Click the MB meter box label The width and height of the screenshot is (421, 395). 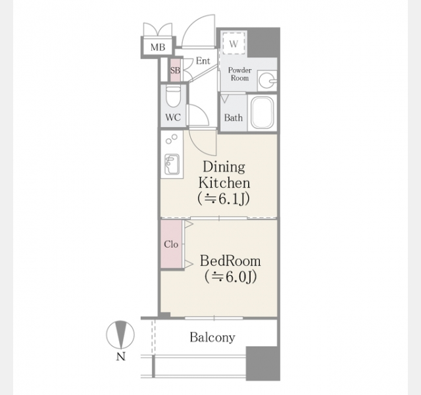pyautogui.click(x=158, y=47)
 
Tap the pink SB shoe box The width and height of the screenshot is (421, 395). pyautogui.click(x=175, y=70)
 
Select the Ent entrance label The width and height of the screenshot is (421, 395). pyautogui.click(x=203, y=61)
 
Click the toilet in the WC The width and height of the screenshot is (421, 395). pyautogui.click(x=173, y=97)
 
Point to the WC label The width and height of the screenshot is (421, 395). pyautogui.click(x=173, y=117)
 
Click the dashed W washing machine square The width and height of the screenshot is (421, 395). pyautogui.click(x=234, y=43)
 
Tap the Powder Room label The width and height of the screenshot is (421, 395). pyautogui.click(x=239, y=74)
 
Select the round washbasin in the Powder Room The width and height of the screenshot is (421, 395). pyautogui.click(x=267, y=80)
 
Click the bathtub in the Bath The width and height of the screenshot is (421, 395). pyautogui.click(x=262, y=113)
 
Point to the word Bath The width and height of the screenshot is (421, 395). pyautogui.click(x=234, y=118)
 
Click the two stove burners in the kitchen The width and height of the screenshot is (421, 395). pyautogui.click(x=171, y=139)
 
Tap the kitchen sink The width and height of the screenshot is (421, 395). pyautogui.click(x=172, y=164)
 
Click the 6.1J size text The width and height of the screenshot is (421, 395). pyautogui.click(x=224, y=199)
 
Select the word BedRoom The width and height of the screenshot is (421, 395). pyautogui.click(x=230, y=261)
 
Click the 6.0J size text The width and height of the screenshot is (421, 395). pyautogui.click(x=231, y=276)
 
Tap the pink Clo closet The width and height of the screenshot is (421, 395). pyautogui.click(x=171, y=244)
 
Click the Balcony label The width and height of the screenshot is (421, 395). pyautogui.click(x=212, y=337)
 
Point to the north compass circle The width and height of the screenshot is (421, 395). pyautogui.click(x=120, y=335)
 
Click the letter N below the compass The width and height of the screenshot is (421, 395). pyautogui.click(x=121, y=357)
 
